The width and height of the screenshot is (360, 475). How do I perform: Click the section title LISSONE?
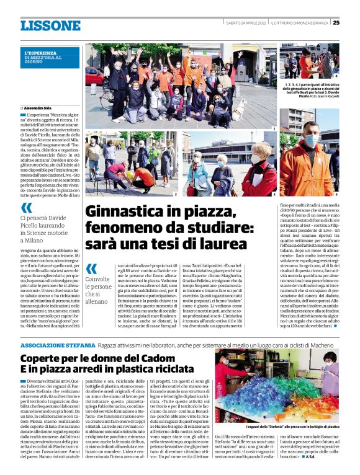(x=50, y=25)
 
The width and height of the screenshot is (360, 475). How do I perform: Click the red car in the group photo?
(x=95, y=77)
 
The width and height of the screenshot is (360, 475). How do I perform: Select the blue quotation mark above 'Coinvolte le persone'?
(x=91, y=269)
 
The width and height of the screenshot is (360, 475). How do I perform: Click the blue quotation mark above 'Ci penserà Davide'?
(x=26, y=208)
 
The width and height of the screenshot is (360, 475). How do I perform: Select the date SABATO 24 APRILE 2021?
(x=248, y=23)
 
